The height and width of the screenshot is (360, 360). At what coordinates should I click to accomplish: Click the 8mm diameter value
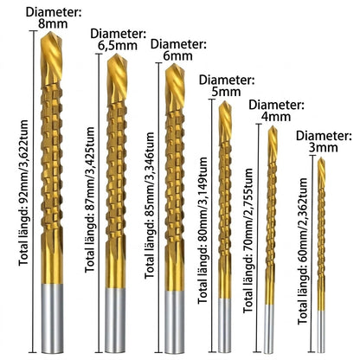tap(53, 24)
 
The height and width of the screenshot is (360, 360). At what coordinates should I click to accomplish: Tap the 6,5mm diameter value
tap(118, 46)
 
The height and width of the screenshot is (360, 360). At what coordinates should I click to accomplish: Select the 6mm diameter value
tap(177, 55)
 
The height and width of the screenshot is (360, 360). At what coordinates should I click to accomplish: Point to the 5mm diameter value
tap(226, 92)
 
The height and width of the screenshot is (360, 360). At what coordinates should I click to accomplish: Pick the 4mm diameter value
tap(276, 117)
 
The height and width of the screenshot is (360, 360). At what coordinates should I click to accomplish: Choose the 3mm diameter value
tap(323, 147)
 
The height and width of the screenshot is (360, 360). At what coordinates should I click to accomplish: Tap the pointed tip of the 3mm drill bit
tap(321, 157)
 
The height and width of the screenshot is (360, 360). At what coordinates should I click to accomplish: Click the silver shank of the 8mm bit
tap(52, 318)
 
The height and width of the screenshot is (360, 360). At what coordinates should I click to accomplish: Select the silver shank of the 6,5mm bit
tap(115, 320)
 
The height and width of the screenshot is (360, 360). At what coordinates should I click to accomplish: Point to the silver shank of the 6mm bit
tap(175, 322)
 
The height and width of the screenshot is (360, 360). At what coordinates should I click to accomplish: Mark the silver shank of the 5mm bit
tap(224, 325)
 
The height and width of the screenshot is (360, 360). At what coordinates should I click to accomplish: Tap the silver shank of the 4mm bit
tap(269, 329)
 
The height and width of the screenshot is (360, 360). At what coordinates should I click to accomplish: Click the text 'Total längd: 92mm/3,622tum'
tap(23, 193)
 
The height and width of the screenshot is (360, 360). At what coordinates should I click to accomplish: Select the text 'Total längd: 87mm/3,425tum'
tap(90, 199)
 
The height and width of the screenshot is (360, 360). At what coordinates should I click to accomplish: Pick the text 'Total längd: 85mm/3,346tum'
tap(150, 205)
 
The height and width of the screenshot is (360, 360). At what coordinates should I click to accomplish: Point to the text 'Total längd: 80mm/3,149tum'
tap(202, 230)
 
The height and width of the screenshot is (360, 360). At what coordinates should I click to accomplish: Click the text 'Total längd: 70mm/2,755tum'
tap(247, 241)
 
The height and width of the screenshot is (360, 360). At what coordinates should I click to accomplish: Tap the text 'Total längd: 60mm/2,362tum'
tap(303, 251)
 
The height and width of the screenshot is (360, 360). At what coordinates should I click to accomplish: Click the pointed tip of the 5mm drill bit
tap(223, 101)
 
